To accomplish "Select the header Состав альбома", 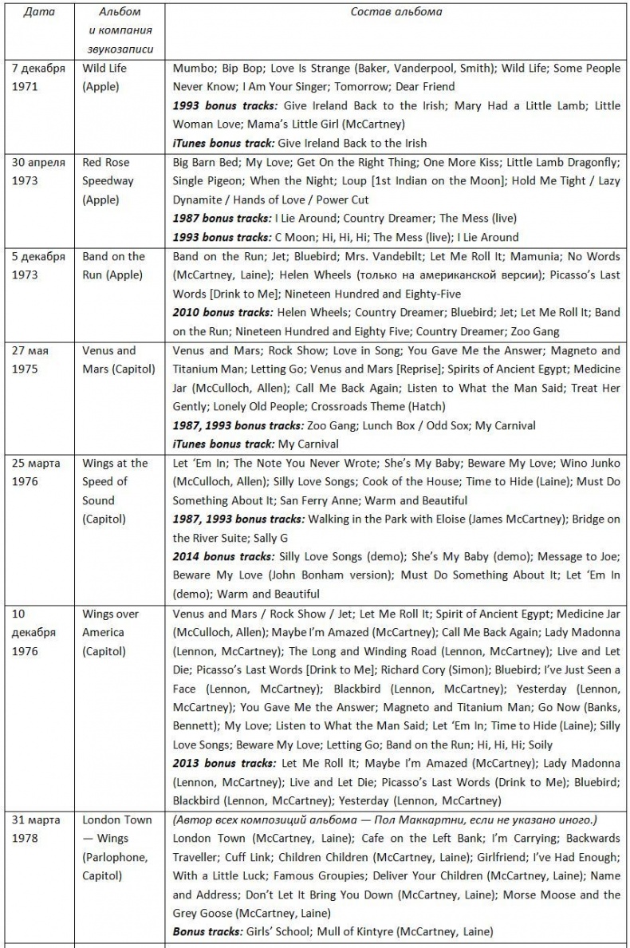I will pos(396,12).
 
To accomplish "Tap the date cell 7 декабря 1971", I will pos(38,77).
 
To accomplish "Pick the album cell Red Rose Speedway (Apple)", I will pos(108,180).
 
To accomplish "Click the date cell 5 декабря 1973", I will pos(38,266).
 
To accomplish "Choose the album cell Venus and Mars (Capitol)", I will pos(118,359).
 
